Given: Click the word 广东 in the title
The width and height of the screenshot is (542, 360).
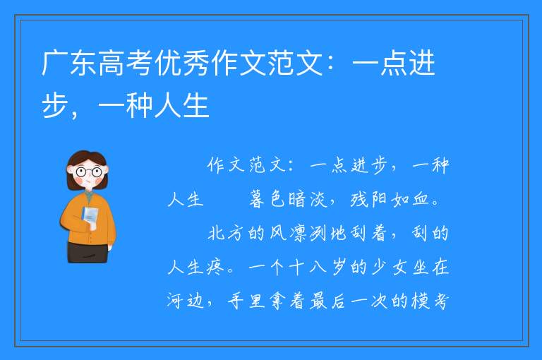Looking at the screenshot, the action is pos(69,63).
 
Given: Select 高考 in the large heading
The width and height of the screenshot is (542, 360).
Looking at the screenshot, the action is pos(126,63).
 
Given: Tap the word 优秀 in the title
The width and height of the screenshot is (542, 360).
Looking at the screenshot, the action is pos(183,63).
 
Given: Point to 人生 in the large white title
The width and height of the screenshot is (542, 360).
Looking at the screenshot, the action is pos(182,105).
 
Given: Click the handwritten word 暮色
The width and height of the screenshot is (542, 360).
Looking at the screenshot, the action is pos(267,199).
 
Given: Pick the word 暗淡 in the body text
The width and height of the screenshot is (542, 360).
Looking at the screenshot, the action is pos(308,199).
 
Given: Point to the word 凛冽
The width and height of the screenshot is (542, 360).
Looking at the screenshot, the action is pos(308,233).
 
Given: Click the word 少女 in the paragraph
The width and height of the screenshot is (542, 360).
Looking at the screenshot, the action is pos(390,267).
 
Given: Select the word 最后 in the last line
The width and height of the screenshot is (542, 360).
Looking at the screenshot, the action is pos(327,301).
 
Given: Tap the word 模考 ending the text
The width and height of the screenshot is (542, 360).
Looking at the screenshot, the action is pos(430,301).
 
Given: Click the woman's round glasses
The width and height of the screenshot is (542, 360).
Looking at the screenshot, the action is pos(89,172).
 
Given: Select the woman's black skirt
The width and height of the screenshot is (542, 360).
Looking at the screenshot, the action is pos(88,253).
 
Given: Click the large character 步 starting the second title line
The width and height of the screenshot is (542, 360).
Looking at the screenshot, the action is pos(55,105).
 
